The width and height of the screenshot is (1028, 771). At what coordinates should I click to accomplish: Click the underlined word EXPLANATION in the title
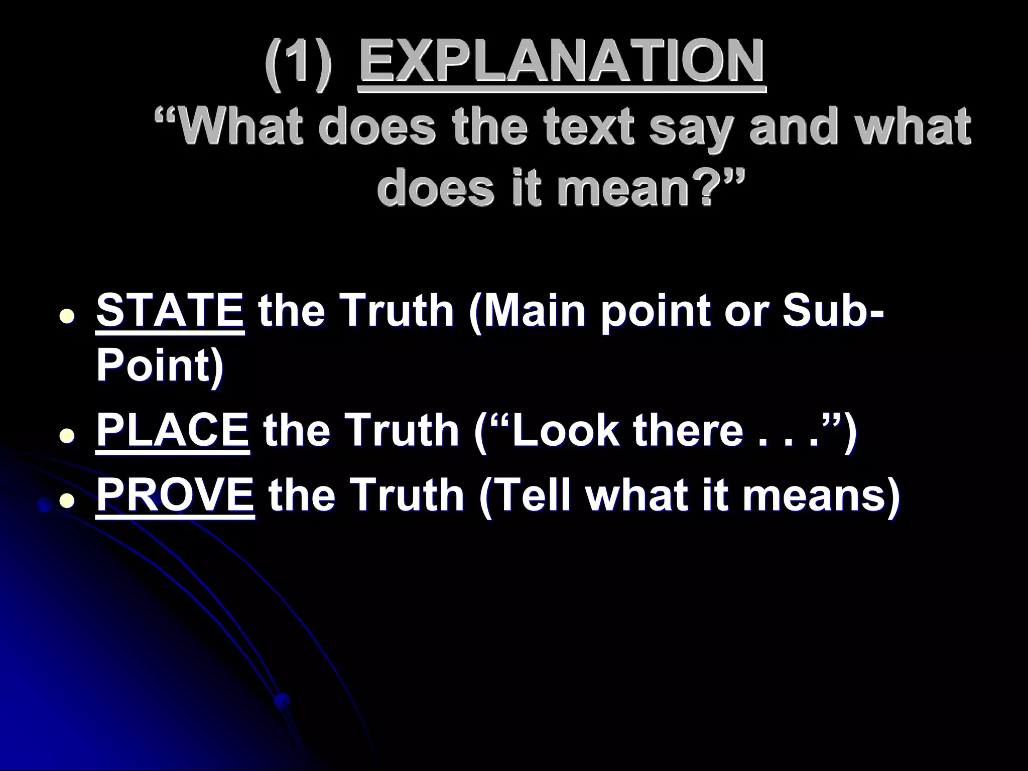562,62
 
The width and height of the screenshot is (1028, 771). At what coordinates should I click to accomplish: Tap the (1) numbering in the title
299,63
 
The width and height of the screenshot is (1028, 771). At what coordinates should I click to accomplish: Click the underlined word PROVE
175,494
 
